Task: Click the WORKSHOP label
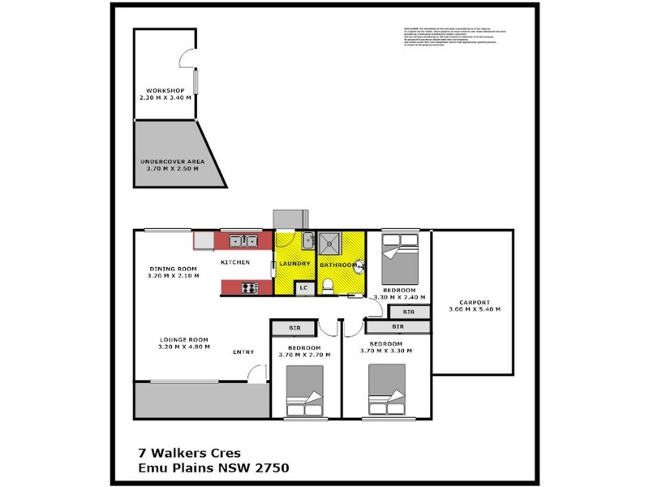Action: point(165,90)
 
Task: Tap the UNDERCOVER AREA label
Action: point(171,161)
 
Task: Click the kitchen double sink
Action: point(243,240)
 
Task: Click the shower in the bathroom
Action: point(331,242)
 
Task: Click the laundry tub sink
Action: point(307,240)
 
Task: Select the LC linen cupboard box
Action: point(304,287)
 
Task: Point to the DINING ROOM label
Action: point(172,269)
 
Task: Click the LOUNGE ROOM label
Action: point(184,339)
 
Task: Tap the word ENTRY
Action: point(243,351)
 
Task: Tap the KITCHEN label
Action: point(234,262)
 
